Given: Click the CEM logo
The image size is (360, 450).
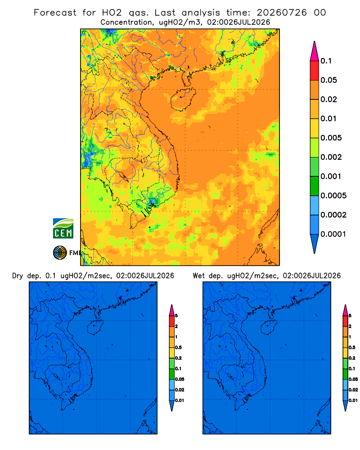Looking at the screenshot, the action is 63,229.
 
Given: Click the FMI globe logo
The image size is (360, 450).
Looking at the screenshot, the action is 60,253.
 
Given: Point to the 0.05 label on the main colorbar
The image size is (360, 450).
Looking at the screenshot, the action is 328,80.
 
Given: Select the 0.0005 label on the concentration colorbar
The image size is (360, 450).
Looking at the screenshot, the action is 333,196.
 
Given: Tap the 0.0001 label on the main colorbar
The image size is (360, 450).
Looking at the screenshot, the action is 333,234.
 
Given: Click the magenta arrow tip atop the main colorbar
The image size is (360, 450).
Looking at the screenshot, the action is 315,51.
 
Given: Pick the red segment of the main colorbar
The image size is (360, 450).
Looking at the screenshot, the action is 315,71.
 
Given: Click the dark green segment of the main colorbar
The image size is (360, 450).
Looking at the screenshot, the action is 315,186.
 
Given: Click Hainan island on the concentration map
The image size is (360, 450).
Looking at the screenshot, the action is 183,99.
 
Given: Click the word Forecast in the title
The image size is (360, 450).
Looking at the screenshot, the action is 55,13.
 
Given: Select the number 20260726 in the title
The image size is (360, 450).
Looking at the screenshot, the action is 282,13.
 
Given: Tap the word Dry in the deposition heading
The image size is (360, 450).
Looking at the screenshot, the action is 18,276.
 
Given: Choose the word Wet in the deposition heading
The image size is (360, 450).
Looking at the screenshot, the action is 199,276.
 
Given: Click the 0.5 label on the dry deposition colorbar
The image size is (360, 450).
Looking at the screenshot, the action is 178,347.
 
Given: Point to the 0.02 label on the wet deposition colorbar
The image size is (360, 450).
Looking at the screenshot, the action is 353,390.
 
